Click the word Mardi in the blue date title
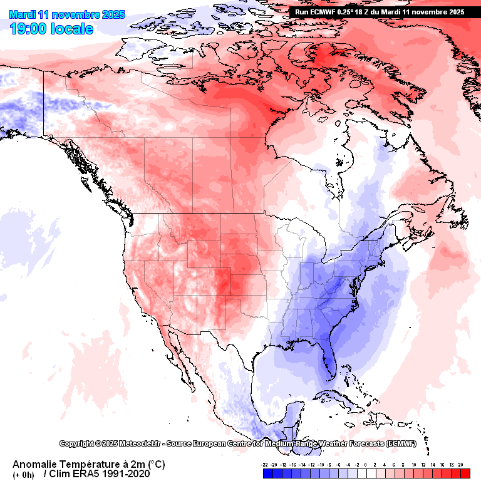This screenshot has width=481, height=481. pyautogui.click(x=23, y=14)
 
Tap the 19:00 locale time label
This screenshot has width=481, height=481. pyautogui.click(x=52, y=29)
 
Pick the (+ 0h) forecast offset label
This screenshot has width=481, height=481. pyautogui.click(x=24, y=475)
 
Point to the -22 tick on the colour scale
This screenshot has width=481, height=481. pyautogui.click(x=266, y=465)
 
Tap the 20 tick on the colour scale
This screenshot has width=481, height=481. pyautogui.click(x=460, y=465)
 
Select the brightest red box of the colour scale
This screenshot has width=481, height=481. pyautogui.click(x=464, y=474)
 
